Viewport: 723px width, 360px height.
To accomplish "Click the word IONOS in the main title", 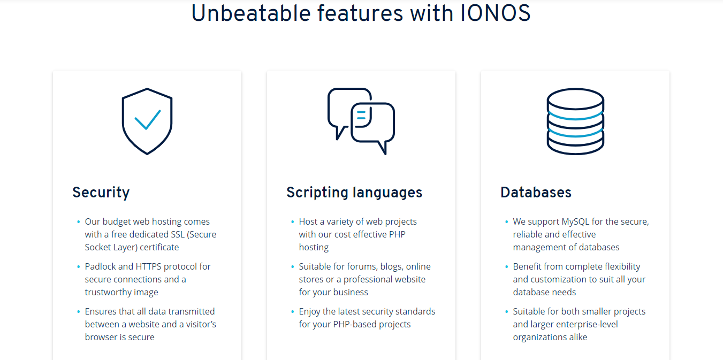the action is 495,13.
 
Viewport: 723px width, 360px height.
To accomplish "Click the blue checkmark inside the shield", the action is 148,120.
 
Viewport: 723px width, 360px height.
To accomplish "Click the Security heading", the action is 101,193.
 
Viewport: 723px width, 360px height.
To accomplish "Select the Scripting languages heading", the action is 354,193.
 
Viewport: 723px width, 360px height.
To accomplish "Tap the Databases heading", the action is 536,192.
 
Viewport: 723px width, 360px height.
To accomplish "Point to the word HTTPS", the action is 150,266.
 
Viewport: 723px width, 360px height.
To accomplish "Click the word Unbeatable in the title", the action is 251,13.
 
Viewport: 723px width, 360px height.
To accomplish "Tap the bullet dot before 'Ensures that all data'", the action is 79,312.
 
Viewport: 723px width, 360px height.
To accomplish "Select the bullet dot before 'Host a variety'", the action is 292,221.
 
